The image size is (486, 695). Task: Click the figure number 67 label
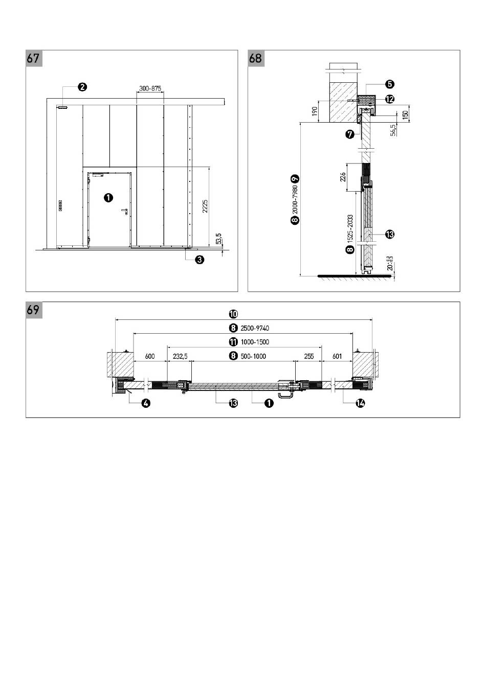(33, 58)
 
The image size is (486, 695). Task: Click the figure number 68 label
(255, 58)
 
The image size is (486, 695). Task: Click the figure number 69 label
(33, 310)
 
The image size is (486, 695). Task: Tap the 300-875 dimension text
(150, 88)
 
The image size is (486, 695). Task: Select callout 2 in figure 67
(82, 87)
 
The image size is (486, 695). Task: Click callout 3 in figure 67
(200, 260)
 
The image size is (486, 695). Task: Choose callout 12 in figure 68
(390, 99)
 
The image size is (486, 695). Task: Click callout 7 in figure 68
(350, 134)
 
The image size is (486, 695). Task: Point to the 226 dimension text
(343, 177)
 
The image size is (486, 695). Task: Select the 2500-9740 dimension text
(254, 328)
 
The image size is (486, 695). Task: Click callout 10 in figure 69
(233, 314)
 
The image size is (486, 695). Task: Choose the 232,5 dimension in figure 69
(180, 356)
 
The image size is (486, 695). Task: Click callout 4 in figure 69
(146, 403)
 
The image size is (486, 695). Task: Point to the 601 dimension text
(337, 356)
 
